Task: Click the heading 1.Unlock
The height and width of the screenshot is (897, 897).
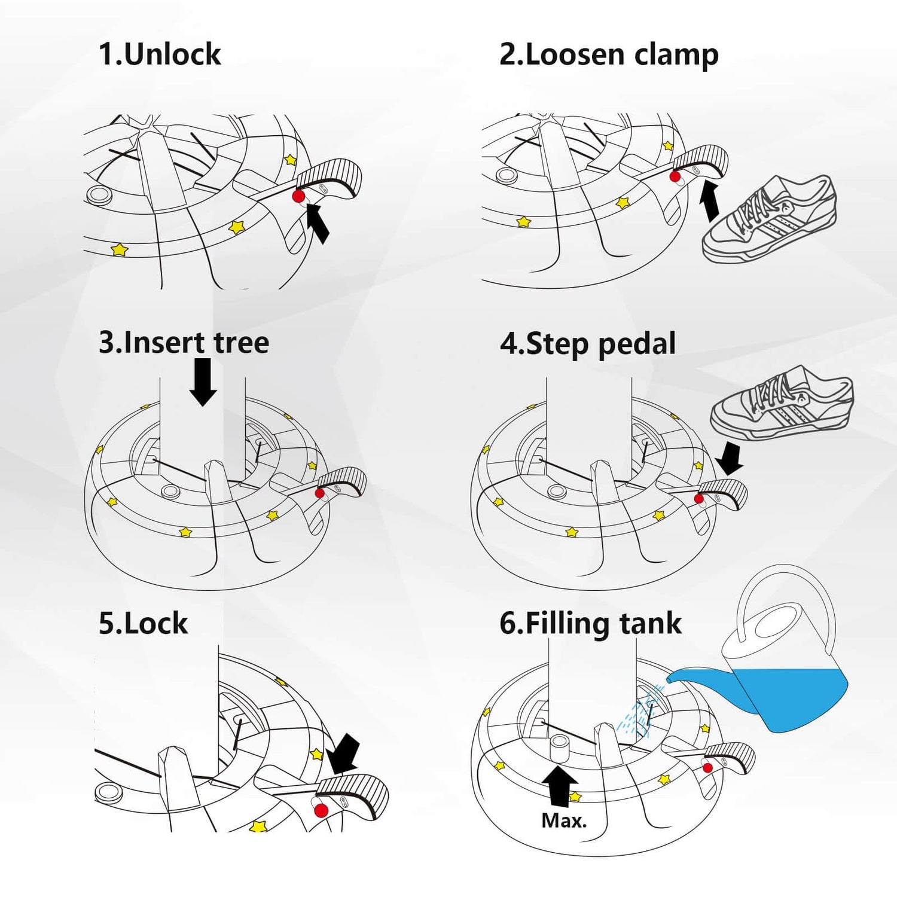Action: coord(160,54)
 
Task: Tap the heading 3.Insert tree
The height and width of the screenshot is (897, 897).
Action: coord(184,343)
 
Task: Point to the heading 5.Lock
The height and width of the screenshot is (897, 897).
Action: coord(143,623)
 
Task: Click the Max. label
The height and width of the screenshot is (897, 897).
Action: coord(564,820)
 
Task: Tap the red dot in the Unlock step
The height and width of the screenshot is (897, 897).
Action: coord(298,196)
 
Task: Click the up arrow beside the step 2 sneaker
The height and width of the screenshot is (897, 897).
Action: coord(710,202)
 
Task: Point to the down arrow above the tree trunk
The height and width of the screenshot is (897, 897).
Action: coord(203,382)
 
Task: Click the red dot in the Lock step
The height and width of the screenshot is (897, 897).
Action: coord(321,810)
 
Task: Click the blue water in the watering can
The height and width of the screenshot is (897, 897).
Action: coord(789,697)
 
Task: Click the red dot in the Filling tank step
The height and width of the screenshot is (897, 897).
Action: coord(707,768)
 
